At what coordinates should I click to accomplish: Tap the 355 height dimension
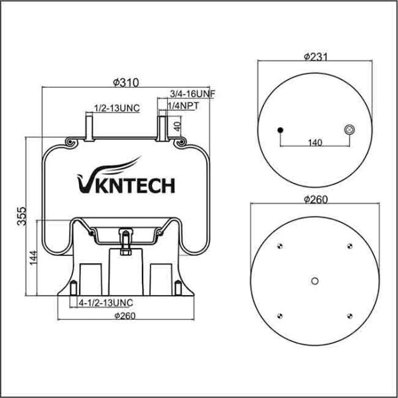click(x=21, y=218)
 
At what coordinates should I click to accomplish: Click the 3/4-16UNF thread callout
click(x=192, y=95)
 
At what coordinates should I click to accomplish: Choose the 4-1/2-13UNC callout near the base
click(x=105, y=302)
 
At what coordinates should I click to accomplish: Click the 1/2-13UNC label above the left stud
click(x=116, y=107)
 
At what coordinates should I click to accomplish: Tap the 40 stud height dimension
click(x=176, y=125)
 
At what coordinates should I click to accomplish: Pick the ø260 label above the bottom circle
click(x=315, y=200)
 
